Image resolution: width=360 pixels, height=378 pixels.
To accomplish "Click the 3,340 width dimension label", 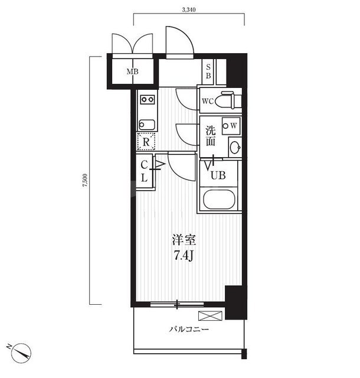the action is (x=189, y=10).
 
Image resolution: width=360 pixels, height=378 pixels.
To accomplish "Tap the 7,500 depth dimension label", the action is (x=86, y=180).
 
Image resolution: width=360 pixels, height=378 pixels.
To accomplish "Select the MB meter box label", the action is (x=133, y=71).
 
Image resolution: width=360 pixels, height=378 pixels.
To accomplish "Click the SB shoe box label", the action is (x=208, y=71).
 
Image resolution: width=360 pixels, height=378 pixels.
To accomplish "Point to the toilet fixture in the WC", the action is (x=228, y=100).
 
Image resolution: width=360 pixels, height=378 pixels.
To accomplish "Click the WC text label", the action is (x=208, y=102).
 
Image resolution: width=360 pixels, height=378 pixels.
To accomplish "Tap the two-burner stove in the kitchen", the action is (x=148, y=99).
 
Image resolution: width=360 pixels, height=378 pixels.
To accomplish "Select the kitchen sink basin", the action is (x=147, y=125).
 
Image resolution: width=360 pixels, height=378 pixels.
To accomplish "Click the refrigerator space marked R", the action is (x=146, y=142).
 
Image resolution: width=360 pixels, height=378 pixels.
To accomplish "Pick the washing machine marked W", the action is (x=231, y=126).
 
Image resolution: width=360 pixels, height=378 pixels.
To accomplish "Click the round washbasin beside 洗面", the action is (x=235, y=147).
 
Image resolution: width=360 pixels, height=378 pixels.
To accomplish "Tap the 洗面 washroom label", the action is (x=211, y=136).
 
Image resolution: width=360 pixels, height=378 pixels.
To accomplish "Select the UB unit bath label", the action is (x=218, y=175).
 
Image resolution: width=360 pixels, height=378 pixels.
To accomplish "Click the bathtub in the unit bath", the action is (x=219, y=200).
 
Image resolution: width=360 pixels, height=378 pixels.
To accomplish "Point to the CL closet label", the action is (x=144, y=171).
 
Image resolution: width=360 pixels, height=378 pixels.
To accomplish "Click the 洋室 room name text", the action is (x=184, y=240).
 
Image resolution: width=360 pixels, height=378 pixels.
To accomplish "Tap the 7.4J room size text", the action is (x=184, y=256).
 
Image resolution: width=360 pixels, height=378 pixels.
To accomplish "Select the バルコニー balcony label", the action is (x=189, y=330).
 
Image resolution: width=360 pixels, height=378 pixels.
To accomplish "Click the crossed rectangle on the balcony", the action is (x=210, y=316).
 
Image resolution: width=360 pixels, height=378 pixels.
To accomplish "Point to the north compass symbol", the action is (x=21, y=353).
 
